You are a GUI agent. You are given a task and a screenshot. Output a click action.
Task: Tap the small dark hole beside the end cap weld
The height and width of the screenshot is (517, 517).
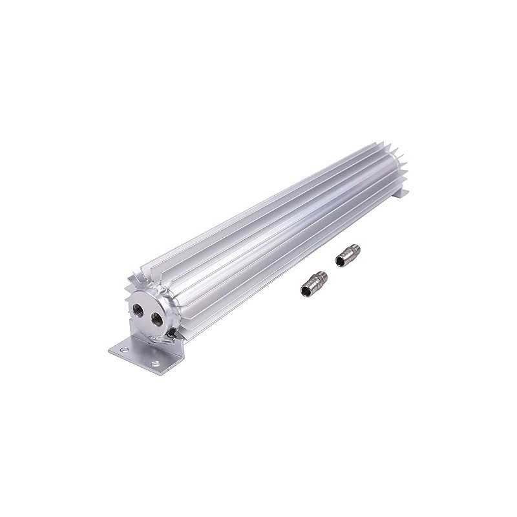click(173, 333)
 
